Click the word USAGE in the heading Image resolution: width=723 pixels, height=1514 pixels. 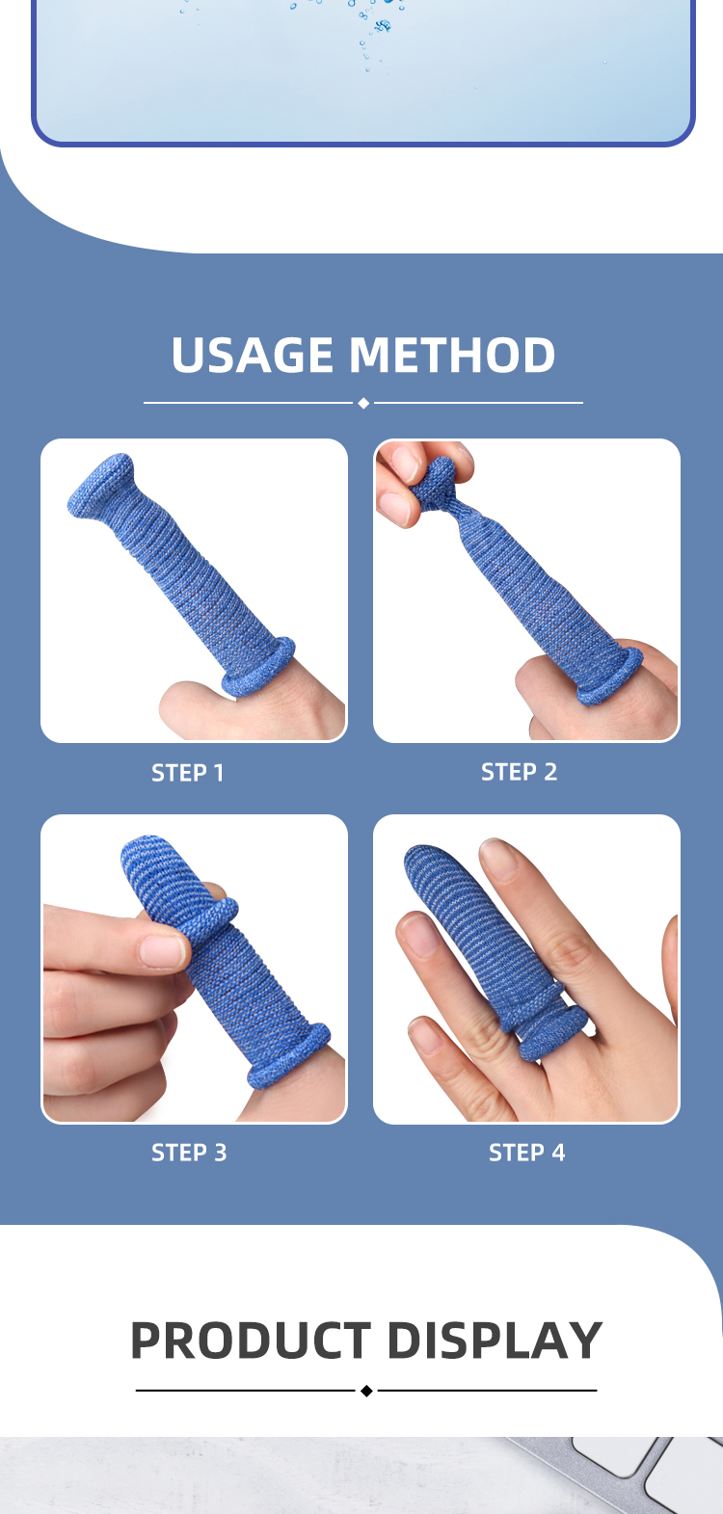coord(254,355)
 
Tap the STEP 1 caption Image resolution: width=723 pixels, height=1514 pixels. coord(187,773)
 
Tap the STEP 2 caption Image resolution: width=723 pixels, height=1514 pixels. coord(519,772)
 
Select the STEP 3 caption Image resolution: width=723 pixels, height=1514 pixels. coord(189,1153)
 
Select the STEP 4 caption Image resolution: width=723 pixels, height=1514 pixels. coord(526,1153)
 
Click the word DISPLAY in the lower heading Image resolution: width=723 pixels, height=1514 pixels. coord(495,1341)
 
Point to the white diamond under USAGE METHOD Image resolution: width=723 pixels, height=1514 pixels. coord(363,403)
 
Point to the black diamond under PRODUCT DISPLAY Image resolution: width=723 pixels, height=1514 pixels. coord(366,1391)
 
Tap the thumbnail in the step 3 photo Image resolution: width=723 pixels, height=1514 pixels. coord(162,950)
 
